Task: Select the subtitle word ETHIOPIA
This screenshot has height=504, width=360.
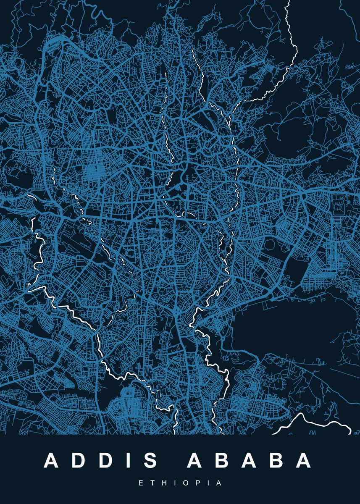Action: pos(180,483)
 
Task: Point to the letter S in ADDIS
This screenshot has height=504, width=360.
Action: pos(150,461)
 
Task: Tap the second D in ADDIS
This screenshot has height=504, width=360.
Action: pos(107,461)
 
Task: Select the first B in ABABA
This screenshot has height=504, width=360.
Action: pos(221,461)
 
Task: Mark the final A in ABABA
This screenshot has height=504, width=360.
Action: pos(303,461)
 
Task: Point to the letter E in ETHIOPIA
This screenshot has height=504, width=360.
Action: pos(141,483)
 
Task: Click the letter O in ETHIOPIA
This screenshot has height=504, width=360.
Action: pos(184,483)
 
